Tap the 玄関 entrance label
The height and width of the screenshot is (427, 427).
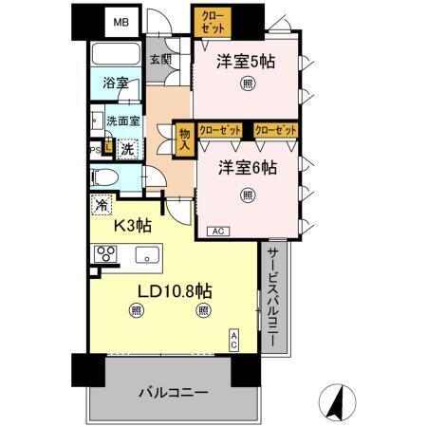(x=160, y=60)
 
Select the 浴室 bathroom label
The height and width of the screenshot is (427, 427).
(x=116, y=84)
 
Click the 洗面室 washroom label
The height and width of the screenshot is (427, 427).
(x=123, y=121)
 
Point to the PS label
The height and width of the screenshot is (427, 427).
(x=95, y=149)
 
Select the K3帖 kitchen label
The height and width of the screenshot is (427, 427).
(x=133, y=225)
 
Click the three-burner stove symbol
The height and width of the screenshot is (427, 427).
(x=104, y=254)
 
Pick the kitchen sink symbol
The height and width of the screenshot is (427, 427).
(x=146, y=254)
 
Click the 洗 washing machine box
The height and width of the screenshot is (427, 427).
(x=126, y=148)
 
